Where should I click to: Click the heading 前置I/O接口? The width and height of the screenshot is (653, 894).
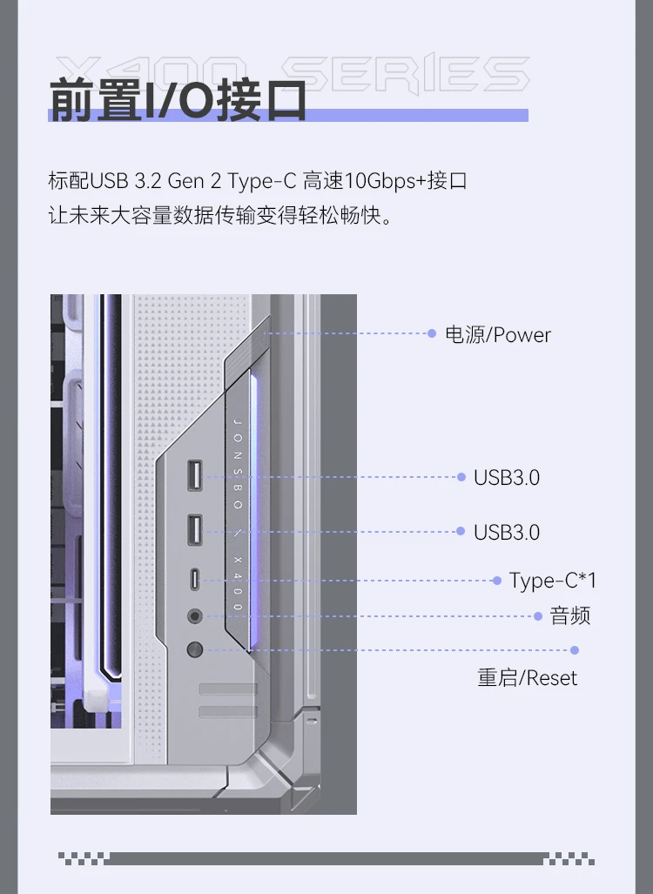pyautogui.click(x=178, y=101)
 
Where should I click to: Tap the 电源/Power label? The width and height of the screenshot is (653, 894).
pyautogui.click(x=498, y=335)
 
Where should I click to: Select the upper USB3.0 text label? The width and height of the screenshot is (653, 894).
pyautogui.click(x=507, y=477)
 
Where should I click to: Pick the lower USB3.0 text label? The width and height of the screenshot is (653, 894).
pyautogui.click(x=507, y=532)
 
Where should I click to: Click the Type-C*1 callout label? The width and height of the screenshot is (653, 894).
pyautogui.click(x=553, y=581)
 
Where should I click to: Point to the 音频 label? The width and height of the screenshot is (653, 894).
pyautogui.click(x=570, y=616)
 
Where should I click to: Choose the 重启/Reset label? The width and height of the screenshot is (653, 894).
pyautogui.click(x=527, y=678)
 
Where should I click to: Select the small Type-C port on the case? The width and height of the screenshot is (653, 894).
pyautogui.click(x=195, y=580)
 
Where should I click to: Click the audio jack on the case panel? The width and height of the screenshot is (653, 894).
pyautogui.click(x=195, y=615)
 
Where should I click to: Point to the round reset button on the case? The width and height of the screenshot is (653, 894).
pyautogui.click(x=195, y=649)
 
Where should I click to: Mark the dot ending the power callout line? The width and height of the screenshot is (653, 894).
pyautogui.click(x=432, y=333)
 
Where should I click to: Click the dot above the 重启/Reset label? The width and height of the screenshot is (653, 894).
pyautogui.click(x=575, y=649)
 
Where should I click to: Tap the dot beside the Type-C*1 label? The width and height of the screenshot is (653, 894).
pyautogui.click(x=496, y=580)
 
